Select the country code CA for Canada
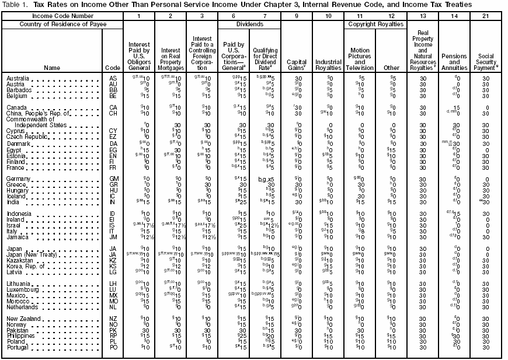tap(113, 107)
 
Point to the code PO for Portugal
tap(113, 348)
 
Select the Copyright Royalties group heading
tap(376, 25)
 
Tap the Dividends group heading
tap(249, 25)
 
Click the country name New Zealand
tap(23, 319)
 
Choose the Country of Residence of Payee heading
tap(53, 25)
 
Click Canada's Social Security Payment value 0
tap(486, 108)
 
